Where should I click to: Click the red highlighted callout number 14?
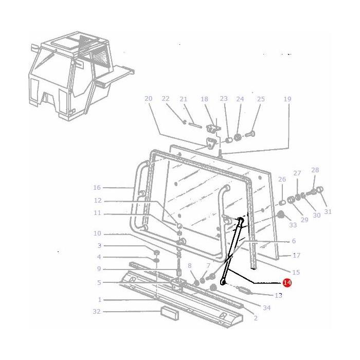pos(286,283)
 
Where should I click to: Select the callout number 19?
pos(287,99)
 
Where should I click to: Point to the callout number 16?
pos(97,188)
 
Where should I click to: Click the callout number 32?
pos(97,312)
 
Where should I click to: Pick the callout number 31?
pos(328,211)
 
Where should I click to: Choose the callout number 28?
pos(315,170)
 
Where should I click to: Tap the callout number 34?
pos(266,308)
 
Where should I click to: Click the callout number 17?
pos(296,255)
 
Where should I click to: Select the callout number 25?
pos(261,99)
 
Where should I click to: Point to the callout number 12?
pos(97,201)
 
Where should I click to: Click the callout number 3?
pos(100,246)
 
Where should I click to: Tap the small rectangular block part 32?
pos(168,312)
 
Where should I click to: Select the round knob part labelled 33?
pos(281,214)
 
